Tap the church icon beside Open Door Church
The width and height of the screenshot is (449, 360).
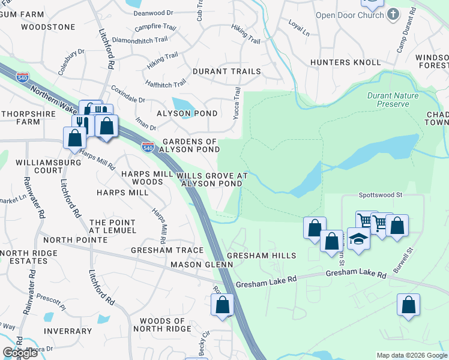(x=393, y=14)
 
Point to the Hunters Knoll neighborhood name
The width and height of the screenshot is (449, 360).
(x=345, y=62)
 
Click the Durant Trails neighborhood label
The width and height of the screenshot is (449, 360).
(x=226, y=71)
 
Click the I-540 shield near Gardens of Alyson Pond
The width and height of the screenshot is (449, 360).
(x=148, y=146)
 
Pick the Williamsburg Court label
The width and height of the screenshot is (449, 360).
(x=48, y=166)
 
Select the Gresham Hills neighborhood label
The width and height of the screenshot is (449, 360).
(x=261, y=256)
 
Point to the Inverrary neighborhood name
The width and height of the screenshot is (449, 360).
(x=68, y=331)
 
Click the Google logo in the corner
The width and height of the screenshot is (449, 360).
(x=20, y=353)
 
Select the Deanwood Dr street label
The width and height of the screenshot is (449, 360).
(x=153, y=12)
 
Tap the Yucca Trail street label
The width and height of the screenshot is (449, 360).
(x=237, y=101)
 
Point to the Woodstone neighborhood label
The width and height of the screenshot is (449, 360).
(x=48, y=27)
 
